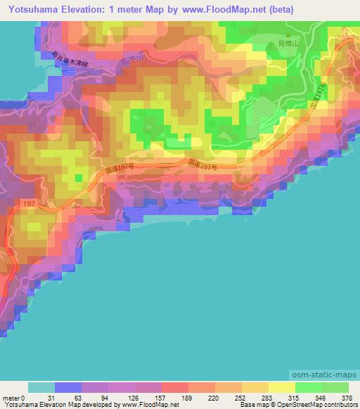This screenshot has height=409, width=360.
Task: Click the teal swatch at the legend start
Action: pyautogui.click(x=41, y=387)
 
